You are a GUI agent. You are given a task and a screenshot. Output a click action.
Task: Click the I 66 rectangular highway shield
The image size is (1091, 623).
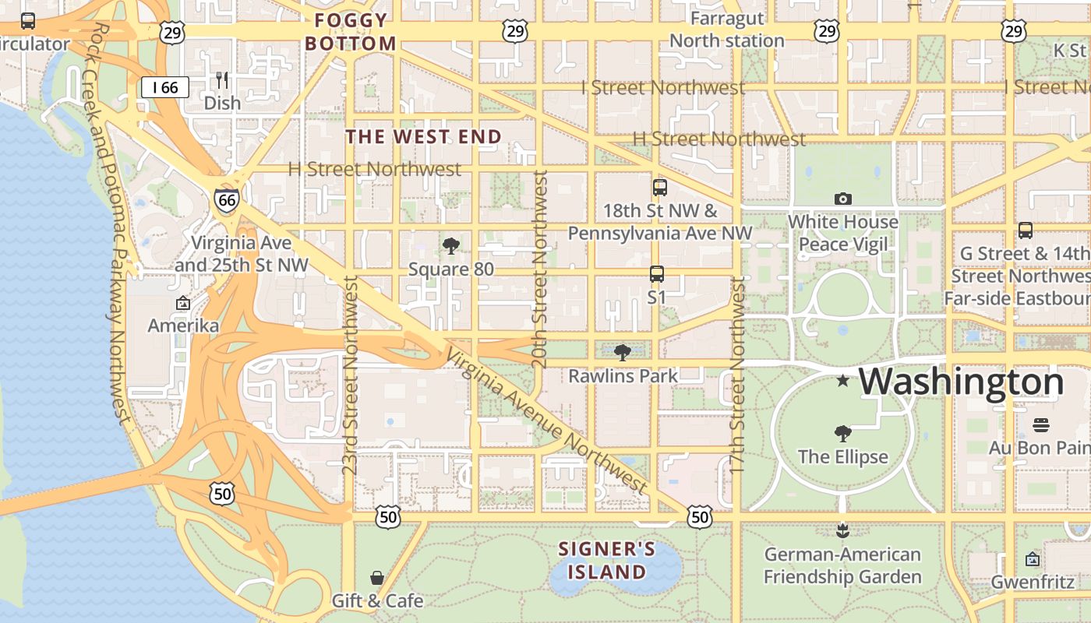click(165, 87)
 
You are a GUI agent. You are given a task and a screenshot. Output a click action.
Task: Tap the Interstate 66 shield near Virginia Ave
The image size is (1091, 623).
click(227, 200)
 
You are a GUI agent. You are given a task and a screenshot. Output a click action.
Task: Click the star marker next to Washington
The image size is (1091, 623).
click(842, 381)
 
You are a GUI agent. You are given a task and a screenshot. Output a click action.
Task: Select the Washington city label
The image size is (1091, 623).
click(961, 382)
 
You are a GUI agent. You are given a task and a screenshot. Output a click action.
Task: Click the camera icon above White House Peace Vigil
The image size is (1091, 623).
click(842, 199)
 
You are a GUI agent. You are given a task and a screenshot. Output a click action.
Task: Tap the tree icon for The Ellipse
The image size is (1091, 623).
click(842, 433)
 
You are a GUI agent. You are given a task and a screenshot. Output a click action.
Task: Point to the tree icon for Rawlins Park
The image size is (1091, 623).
click(622, 353)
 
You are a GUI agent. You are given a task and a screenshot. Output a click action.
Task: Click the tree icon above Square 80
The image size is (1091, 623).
click(450, 246)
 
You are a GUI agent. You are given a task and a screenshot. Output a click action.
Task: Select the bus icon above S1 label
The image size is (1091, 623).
click(657, 273)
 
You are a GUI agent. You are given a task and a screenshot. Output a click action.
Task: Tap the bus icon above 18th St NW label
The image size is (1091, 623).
click(660, 187)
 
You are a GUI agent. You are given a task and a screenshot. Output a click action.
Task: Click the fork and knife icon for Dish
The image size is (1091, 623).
click(222, 79)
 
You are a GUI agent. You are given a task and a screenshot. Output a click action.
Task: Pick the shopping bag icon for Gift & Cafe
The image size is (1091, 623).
click(377, 577)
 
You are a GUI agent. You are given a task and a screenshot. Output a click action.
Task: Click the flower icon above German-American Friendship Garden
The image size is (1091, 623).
click(842, 530)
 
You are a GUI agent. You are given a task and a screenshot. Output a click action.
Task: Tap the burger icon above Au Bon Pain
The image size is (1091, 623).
click(1041, 424)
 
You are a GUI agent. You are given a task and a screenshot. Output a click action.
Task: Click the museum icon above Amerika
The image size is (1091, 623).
click(183, 303)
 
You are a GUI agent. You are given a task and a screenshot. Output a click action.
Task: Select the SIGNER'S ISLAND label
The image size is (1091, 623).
click(606, 561)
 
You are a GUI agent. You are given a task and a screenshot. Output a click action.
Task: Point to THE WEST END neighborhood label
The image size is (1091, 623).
click(424, 137)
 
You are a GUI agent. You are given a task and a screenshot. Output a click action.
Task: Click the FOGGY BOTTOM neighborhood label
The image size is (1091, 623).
click(351, 32)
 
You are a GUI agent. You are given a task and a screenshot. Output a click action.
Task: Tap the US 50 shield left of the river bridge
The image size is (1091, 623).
click(222, 492)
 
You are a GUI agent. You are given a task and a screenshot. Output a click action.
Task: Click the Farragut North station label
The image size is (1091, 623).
click(727, 30)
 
